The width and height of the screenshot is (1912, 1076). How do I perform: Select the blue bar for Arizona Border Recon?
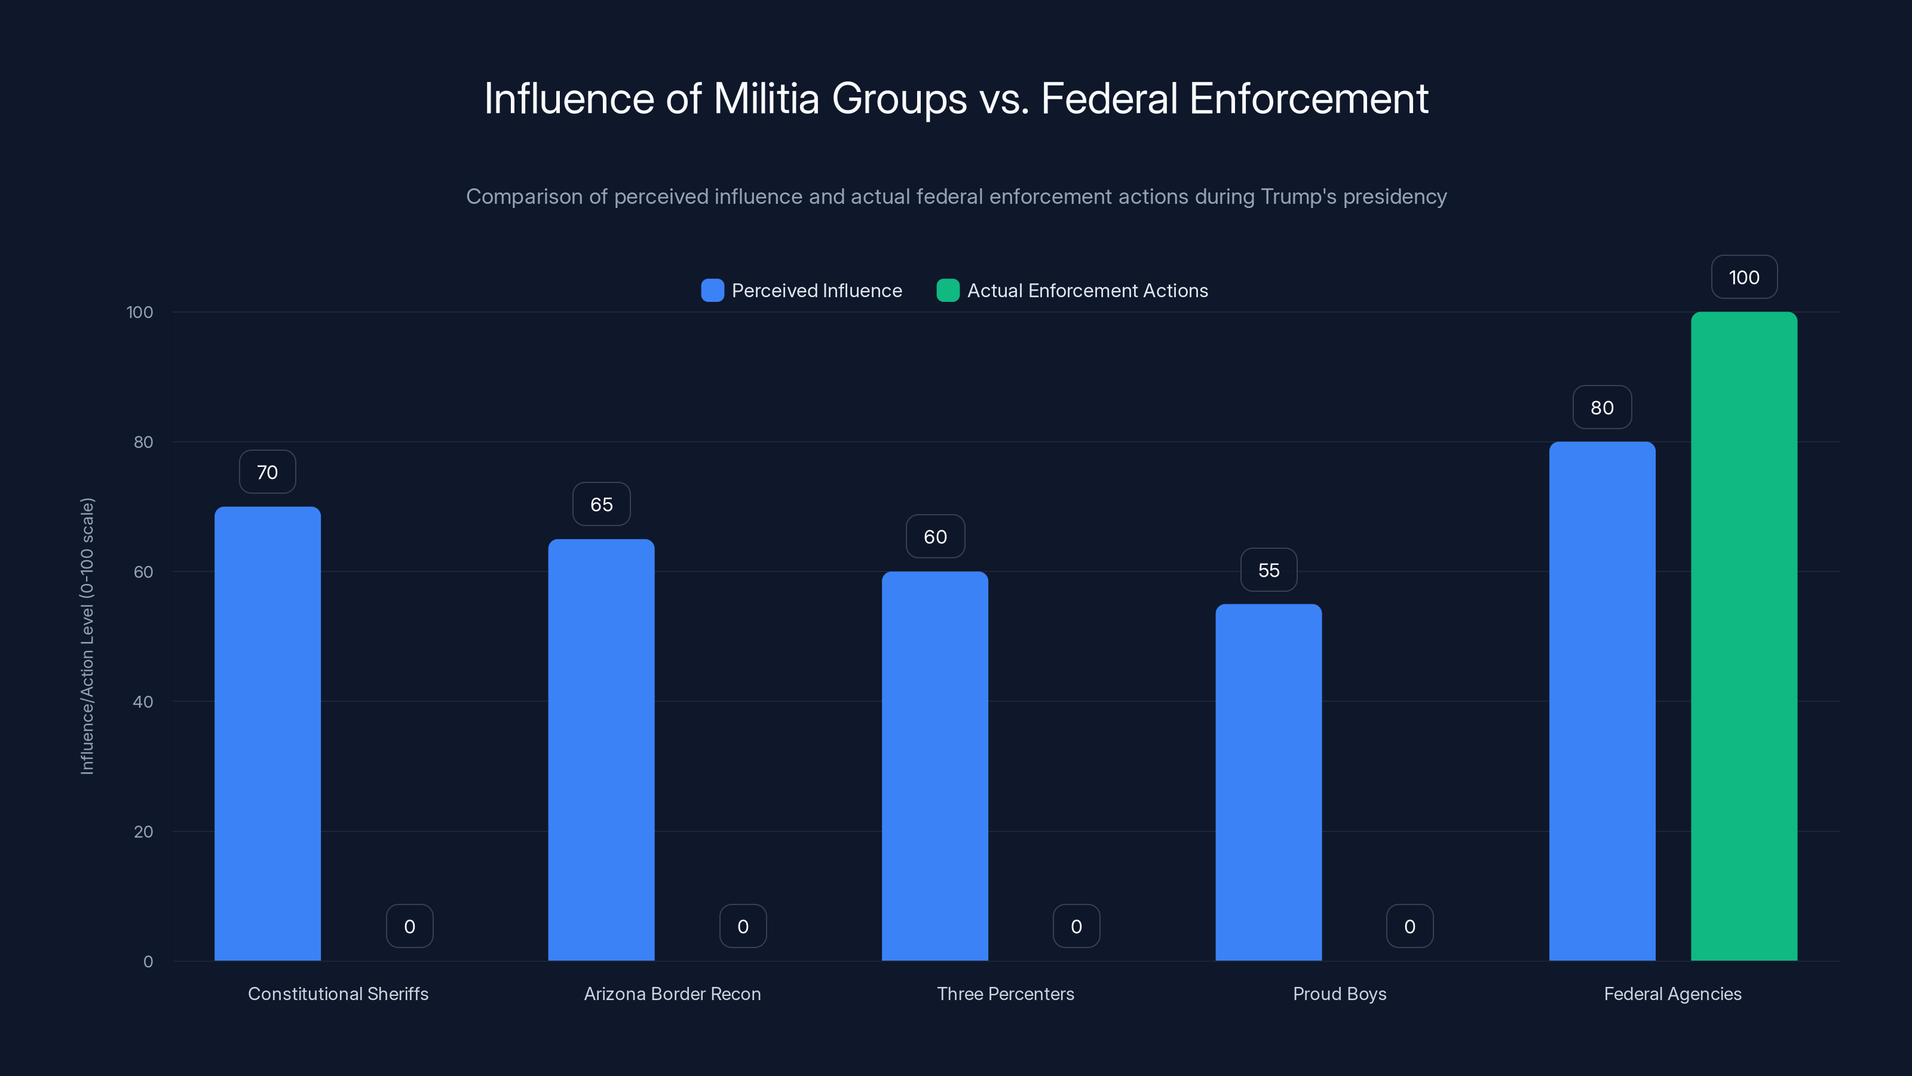[x=601, y=750]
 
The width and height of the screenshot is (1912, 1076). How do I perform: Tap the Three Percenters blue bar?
[x=934, y=766]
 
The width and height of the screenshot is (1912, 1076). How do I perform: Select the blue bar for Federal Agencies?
[x=1602, y=701]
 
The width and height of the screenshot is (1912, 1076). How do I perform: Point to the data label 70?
[x=267, y=472]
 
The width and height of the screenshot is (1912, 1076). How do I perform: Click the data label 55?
[x=1268, y=570]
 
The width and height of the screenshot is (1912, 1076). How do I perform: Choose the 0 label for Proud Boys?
[x=1410, y=926]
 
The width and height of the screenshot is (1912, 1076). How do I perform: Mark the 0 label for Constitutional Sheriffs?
[x=409, y=926]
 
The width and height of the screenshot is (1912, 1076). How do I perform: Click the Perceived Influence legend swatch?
[x=712, y=291]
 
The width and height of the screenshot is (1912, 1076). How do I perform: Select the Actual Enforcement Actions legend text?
[x=1087, y=291]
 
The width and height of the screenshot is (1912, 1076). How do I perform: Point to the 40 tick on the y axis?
[x=143, y=702]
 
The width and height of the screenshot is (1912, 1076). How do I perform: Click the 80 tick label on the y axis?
[x=143, y=442]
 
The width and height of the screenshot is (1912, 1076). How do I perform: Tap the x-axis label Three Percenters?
[x=1005, y=994]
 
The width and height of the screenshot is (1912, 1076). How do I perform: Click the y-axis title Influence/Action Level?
[x=87, y=637]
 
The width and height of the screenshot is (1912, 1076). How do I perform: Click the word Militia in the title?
[x=766, y=98]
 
